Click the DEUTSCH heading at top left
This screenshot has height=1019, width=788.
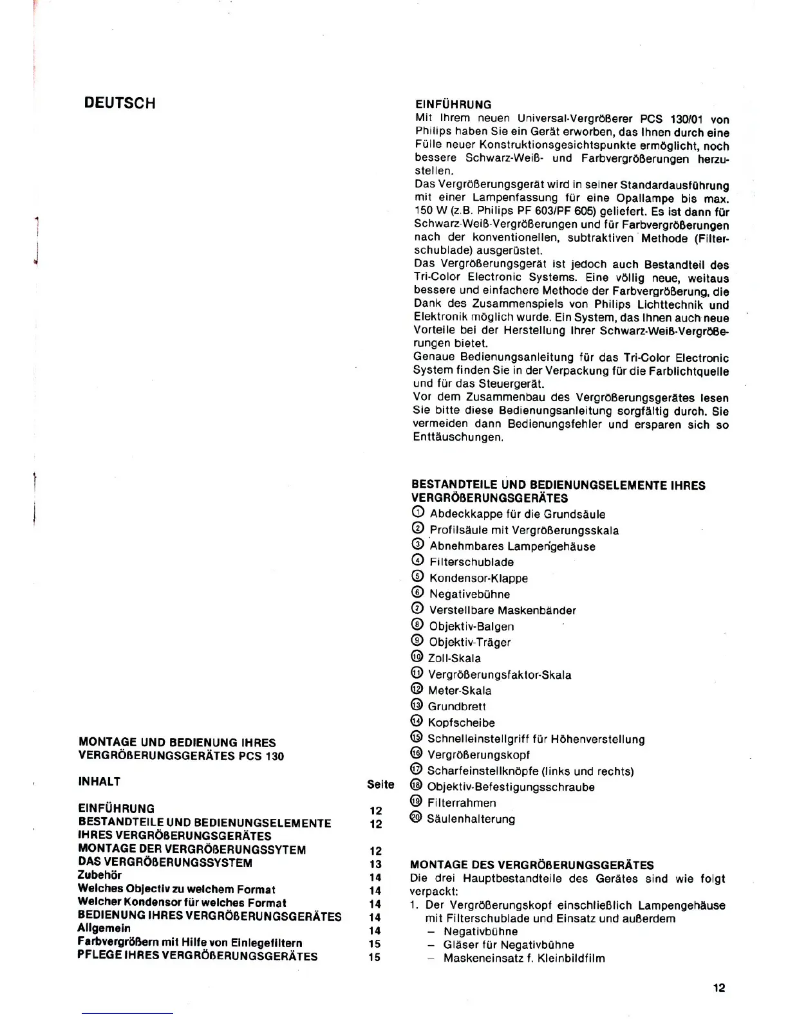click(x=120, y=104)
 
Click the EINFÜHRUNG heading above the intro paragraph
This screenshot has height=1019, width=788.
click(x=453, y=104)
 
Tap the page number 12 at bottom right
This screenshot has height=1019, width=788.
click(x=719, y=987)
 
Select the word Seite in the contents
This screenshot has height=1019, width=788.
click(x=380, y=784)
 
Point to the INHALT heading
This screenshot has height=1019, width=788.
click(x=99, y=782)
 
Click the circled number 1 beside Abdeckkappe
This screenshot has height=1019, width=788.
click(x=418, y=513)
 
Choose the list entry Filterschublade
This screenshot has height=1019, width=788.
click(x=471, y=562)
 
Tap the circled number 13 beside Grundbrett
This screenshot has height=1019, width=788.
click(x=417, y=706)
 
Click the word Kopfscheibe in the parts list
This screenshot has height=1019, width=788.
click(x=461, y=722)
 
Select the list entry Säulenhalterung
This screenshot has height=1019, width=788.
click(x=471, y=819)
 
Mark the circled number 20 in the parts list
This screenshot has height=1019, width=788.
click(x=416, y=818)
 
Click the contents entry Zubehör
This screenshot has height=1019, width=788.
click(x=99, y=875)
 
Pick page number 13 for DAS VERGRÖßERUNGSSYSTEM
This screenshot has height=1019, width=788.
click(x=375, y=864)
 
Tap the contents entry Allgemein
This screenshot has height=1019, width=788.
click(x=104, y=928)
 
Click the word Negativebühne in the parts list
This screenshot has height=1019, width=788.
click(x=469, y=594)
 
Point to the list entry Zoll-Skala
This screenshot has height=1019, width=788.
click(x=454, y=658)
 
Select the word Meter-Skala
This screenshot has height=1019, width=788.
click(x=459, y=690)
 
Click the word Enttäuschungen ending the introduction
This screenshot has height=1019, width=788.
click(x=457, y=437)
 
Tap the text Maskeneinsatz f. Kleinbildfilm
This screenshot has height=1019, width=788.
click(x=524, y=958)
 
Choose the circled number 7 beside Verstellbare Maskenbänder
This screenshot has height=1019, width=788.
click(x=417, y=609)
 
